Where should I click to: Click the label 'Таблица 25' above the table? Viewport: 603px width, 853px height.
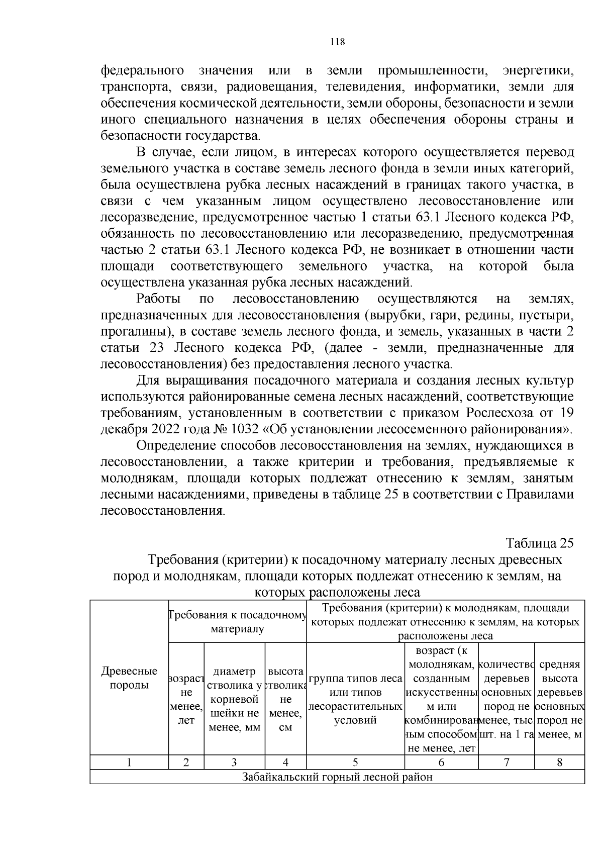click(539, 543)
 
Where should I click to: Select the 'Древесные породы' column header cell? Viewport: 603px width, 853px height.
click(129, 678)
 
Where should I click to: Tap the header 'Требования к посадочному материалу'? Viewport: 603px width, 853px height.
click(237, 622)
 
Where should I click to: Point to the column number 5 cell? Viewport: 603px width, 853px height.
click(355, 762)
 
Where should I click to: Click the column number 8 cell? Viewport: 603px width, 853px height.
click(559, 762)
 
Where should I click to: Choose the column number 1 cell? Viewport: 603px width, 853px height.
click(129, 762)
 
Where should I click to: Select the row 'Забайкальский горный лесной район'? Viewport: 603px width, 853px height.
click(337, 777)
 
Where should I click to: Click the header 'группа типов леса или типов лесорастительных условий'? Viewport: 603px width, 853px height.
click(355, 699)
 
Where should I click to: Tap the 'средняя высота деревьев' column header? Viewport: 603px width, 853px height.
click(559, 699)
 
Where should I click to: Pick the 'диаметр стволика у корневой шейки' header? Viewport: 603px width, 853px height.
click(234, 699)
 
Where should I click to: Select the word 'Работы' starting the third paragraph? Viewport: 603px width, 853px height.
click(159, 299)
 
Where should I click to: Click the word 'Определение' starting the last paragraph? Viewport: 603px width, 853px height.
click(177, 446)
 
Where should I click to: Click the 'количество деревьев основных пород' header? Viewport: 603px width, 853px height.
click(506, 699)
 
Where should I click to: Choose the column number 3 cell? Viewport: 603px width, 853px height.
click(234, 762)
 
